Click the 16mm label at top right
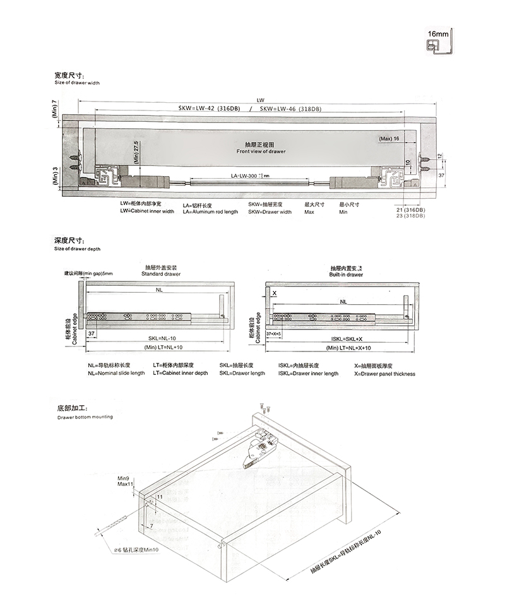(x=437, y=33)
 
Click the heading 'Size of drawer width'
(x=77, y=83)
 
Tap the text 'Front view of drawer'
(x=261, y=152)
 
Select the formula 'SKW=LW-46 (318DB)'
(x=290, y=109)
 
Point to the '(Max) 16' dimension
(x=389, y=139)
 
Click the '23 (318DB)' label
(x=410, y=216)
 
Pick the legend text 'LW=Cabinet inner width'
(x=147, y=212)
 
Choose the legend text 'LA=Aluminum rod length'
(x=210, y=212)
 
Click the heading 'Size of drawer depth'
(x=77, y=249)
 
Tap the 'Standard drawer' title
(x=161, y=275)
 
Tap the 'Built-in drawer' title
(x=346, y=275)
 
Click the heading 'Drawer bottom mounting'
(x=85, y=418)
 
